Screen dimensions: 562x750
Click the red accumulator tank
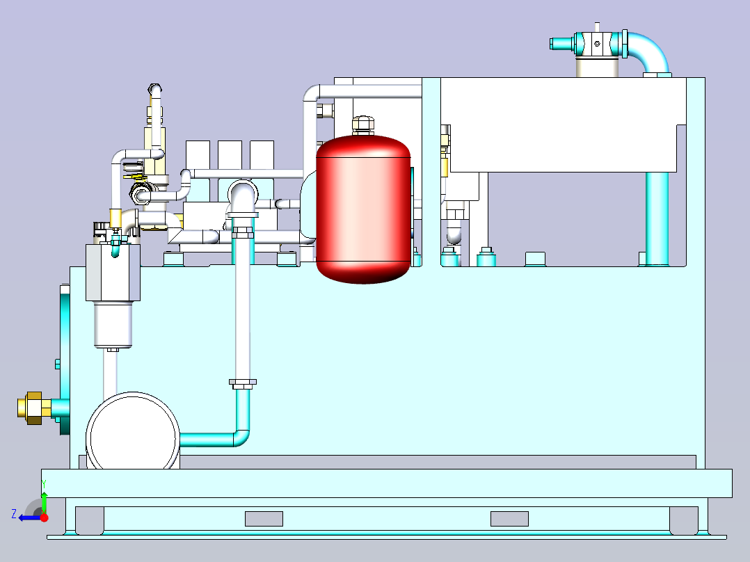pos(362,209)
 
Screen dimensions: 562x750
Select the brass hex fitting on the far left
pos(33,408)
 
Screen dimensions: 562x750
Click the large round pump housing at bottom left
pos(132,431)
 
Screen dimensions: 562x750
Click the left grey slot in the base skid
pos(264,519)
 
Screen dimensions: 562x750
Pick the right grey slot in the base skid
pos(509,519)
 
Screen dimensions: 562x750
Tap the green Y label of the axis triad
pos(43,482)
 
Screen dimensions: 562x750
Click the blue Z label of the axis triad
pos(14,514)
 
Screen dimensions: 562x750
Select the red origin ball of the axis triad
pos(44,517)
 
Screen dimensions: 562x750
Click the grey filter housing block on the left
pos(113,272)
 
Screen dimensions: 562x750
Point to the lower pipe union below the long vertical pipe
pos(242,382)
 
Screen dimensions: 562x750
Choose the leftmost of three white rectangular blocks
pos(198,154)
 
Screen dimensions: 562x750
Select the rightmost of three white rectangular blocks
pos(262,154)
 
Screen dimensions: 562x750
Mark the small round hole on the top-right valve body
pos(597,44)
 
